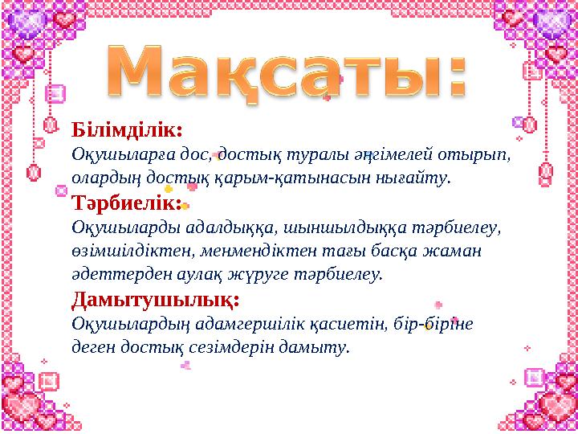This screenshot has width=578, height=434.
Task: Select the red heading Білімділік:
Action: pyautogui.click(x=128, y=129)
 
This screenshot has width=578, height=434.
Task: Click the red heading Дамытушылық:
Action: pyautogui.click(x=155, y=301)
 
